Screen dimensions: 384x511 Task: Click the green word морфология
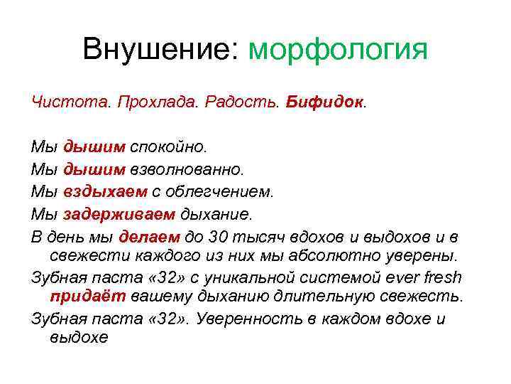point(339,51)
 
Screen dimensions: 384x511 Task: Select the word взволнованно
point(186,169)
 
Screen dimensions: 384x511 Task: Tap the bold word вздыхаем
point(106,191)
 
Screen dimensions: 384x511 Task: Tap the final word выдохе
point(79,338)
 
